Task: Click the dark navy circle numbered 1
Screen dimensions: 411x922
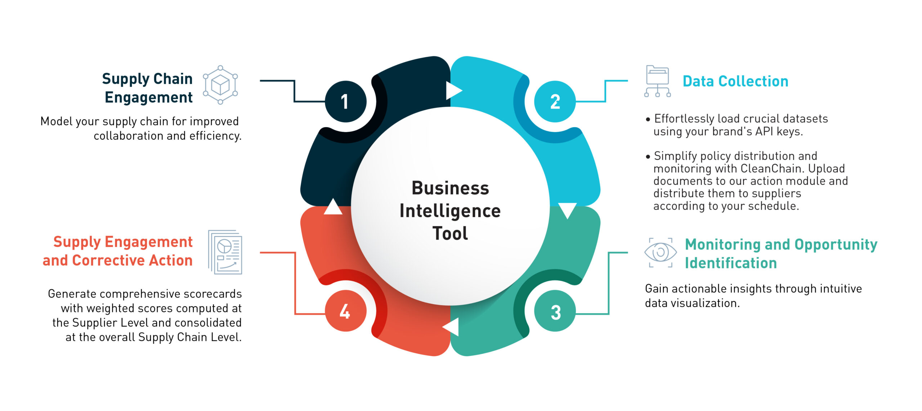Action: pyautogui.click(x=345, y=101)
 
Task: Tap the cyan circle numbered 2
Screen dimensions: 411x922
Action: pyautogui.click(x=555, y=101)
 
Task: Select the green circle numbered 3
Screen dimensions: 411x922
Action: pyautogui.click(x=555, y=311)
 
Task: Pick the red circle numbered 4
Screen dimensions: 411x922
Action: pyautogui.click(x=345, y=311)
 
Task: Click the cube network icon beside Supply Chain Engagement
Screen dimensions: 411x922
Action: pyautogui.click(x=220, y=85)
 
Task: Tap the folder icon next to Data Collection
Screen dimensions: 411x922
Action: pyautogui.click(x=657, y=81)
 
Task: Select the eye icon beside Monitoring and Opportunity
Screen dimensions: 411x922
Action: pyautogui.click(x=660, y=253)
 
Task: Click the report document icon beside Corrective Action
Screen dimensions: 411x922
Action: pyautogui.click(x=225, y=252)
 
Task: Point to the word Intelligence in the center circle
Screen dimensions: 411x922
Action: pyautogui.click(x=450, y=211)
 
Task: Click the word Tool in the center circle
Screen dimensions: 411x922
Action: pyautogui.click(x=450, y=234)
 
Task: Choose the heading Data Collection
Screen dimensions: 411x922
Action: pyautogui.click(x=735, y=81)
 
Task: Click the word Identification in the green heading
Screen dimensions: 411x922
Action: pyautogui.click(x=731, y=263)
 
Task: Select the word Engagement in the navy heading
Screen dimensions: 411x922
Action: pyautogui.click(x=149, y=98)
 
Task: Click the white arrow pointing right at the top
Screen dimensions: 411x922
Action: pyautogui.click(x=453, y=90)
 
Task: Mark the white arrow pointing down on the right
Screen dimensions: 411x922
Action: pyautogui.click(x=567, y=210)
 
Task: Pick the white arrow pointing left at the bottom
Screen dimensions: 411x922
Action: pyautogui.click(x=452, y=327)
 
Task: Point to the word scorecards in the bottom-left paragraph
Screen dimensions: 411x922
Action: pyautogui.click(x=212, y=294)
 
